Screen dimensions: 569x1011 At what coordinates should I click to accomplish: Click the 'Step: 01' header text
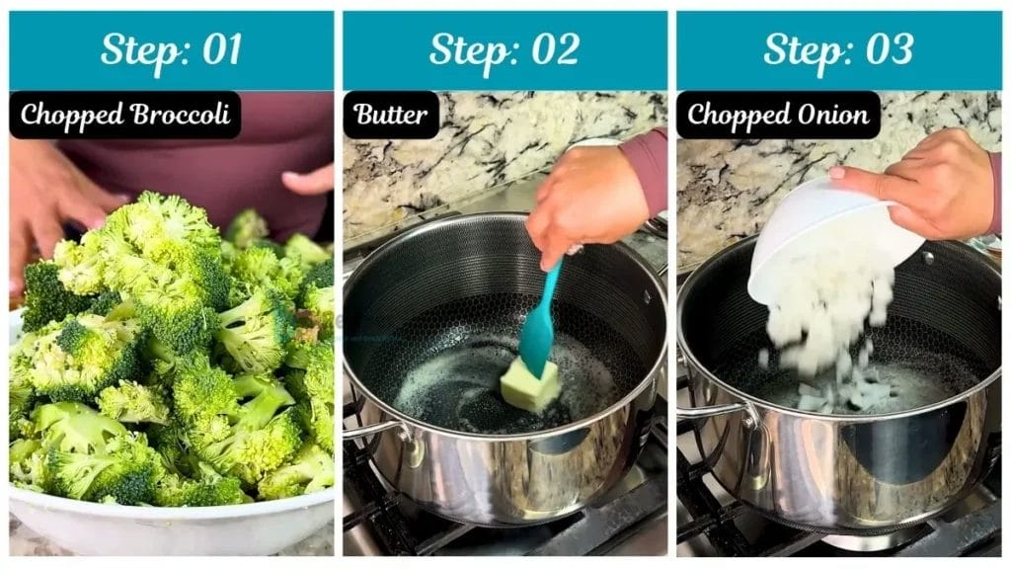point(171,50)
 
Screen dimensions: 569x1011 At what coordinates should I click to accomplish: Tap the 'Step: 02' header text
point(505,50)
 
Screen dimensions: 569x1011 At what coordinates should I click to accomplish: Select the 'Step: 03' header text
point(838,50)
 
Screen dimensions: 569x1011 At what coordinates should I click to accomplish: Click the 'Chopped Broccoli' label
point(125,115)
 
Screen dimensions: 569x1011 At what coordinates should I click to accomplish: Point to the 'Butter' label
point(391,115)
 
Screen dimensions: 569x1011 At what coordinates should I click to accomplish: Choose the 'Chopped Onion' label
point(778,115)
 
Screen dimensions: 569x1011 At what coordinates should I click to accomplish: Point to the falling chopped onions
point(824,326)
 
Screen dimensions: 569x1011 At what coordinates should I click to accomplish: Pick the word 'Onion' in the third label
point(834,115)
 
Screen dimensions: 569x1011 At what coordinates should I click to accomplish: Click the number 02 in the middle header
point(555,50)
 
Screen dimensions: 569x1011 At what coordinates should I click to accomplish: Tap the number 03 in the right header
point(889,50)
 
